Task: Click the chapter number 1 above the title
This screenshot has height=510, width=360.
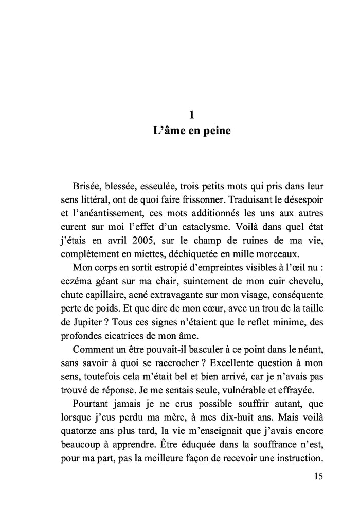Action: [191, 114]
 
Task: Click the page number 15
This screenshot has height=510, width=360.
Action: [318, 476]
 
